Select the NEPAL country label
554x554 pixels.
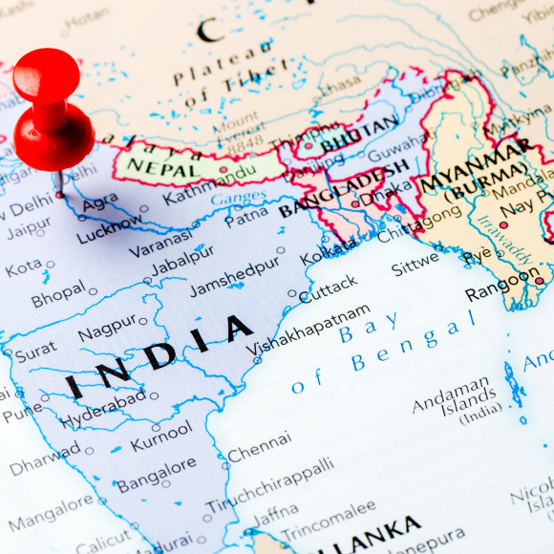pos(158,168)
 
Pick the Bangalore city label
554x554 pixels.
pos(156,473)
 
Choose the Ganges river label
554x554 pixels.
pos(238,199)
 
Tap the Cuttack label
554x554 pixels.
pos(328,288)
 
